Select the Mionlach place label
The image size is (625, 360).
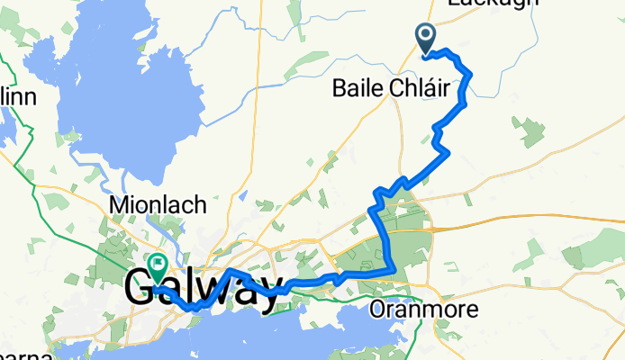coord(158,205)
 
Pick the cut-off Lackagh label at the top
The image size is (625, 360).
coord(492,4)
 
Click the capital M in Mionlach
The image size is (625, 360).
coord(118,205)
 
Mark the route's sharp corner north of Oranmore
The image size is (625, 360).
coord(394,268)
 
